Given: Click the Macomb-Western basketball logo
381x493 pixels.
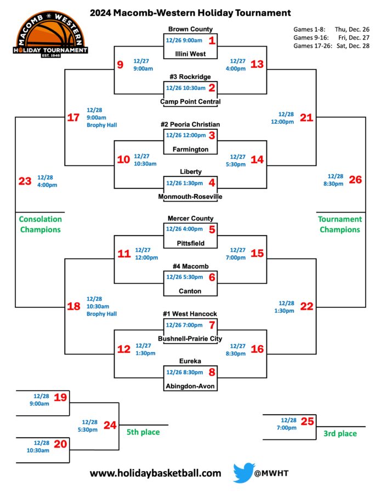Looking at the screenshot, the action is [50, 34].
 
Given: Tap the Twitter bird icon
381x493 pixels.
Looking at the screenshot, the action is [243, 472].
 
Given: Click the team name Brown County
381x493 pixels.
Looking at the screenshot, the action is [190, 29].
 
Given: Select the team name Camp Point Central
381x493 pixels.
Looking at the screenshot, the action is [190, 101].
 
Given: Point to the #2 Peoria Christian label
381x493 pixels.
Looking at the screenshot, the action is [190, 124].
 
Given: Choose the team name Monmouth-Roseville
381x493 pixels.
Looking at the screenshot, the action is [190, 197].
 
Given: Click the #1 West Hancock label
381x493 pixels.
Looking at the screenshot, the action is [190, 314].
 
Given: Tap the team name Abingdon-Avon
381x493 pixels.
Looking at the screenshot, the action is [190, 386].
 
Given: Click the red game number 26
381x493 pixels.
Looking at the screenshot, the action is [355, 180].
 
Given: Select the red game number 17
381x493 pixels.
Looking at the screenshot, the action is [73, 117].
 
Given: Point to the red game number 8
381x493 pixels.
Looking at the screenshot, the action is [212, 372].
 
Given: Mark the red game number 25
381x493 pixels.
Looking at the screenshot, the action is [308, 421].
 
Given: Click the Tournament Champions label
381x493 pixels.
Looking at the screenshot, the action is [340, 224].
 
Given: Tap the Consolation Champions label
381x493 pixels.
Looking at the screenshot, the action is [40, 224].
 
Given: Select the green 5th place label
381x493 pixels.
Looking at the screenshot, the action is [143, 432].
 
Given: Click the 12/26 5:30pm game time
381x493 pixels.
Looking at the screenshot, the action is [185, 277].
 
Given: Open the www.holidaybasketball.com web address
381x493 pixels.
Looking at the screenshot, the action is [156, 473].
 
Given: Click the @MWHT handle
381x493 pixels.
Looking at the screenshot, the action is [271, 473].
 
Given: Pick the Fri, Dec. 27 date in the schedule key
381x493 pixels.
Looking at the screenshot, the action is [354, 37].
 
